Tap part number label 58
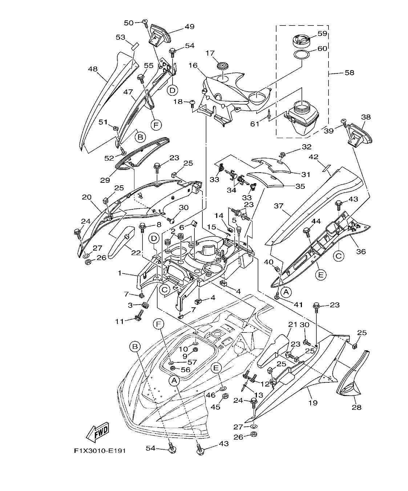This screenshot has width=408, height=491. pyautogui.click(x=349, y=73)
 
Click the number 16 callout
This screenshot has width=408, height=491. pyautogui.click(x=193, y=65)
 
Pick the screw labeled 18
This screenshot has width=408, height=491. pyautogui.click(x=193, y=103)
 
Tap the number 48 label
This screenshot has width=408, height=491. pyautogui.click(x=93, y=69)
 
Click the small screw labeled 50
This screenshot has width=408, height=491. pyautogui.click(x=145, y=22)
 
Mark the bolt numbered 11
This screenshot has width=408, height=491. pyautogui.click(x=138, y=318)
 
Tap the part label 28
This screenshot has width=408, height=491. pyautogui.click(x=357, y=407)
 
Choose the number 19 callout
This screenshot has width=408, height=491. pyautogui.click(x=313, y=402)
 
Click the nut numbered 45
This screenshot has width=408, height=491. pyautogui.click(x=225, y=396)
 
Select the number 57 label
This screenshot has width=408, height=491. pyautogui.click(x=192, y=362)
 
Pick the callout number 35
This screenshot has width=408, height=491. pyautogui.click(x=300, y=186)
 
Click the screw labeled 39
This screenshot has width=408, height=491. pyautogui.click(x=343, y=122)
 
